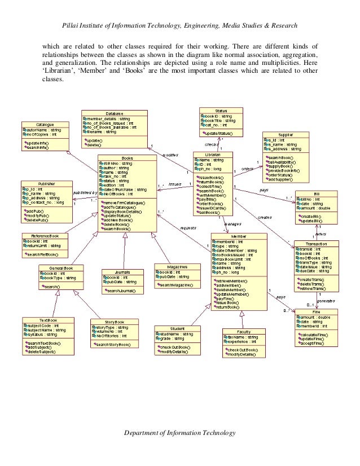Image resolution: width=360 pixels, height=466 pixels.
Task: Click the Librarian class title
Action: pos(213,154)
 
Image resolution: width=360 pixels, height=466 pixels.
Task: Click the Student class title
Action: pos(177,328)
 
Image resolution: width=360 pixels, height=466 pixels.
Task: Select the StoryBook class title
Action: pos(115,322)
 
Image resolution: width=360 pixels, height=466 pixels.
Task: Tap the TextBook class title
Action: pos(48,320)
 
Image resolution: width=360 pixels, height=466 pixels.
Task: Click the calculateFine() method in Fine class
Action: pos(316,333)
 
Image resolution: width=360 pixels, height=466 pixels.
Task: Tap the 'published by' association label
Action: pos(85,192)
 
